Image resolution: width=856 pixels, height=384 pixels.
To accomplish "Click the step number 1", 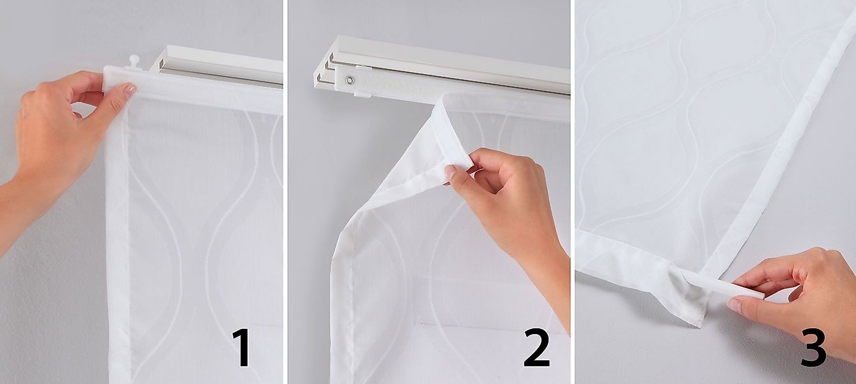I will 242,348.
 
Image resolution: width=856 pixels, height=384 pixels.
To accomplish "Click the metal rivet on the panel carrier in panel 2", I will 350,80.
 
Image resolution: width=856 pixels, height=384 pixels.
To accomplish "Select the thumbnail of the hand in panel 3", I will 735,306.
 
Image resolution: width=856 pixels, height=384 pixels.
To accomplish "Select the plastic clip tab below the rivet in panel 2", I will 362,95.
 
